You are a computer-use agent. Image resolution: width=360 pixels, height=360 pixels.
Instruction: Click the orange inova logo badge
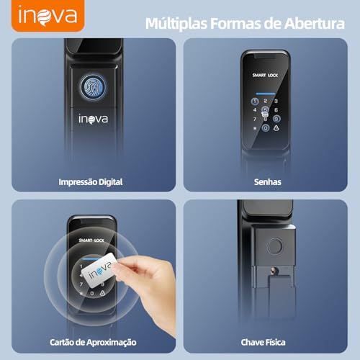tap(48, 16)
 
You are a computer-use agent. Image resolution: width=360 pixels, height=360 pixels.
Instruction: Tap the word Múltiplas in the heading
tap(176, 24)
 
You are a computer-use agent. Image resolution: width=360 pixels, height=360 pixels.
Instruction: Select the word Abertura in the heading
tap(315, 23)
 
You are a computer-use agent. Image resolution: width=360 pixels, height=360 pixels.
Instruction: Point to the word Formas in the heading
tap(235, 23)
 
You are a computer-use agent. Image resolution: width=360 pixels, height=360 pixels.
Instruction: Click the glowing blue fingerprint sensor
tap(93, 86)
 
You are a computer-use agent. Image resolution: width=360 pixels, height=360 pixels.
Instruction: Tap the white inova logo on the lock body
tap(93, 119)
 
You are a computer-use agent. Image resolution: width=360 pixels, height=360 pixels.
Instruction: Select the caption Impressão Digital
tap(91, 182)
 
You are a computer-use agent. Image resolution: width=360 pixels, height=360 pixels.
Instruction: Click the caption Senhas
tap(268, 182)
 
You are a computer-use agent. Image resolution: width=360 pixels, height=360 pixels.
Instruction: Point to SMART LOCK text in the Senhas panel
tap(265, 75)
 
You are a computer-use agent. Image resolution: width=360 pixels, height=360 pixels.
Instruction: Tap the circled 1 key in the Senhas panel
tap(255, 102)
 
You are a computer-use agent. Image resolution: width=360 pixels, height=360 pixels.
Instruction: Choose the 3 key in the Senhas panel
tap(276, 101)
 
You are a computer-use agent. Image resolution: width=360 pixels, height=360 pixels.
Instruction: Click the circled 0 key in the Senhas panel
tap(266, 128)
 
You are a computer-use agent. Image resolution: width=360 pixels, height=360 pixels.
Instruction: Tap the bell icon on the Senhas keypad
tap(276, 128)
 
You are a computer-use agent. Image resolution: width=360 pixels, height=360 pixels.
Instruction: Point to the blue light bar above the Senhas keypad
tap(266, 94)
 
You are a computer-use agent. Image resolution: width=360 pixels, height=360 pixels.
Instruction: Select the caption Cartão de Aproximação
tap(93, 342)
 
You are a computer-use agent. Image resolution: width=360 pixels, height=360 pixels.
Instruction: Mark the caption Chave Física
tap(264, 342)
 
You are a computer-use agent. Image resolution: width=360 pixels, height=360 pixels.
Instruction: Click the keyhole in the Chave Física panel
tap(274, 271)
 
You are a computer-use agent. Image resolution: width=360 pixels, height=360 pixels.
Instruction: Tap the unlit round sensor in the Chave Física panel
tap(275, 246)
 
